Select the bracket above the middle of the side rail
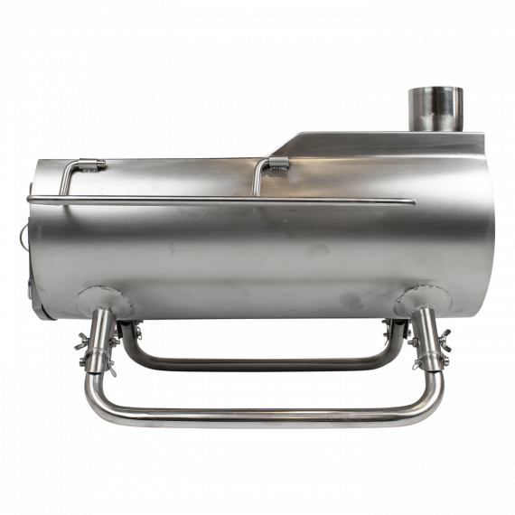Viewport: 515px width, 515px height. click(277, 164)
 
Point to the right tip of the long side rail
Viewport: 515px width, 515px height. click(412, 201)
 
